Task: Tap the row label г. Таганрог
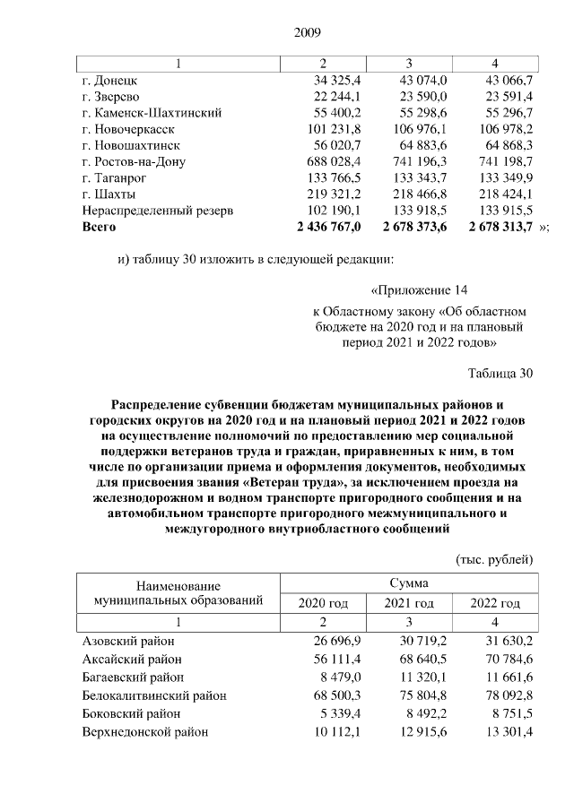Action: click(115, 177)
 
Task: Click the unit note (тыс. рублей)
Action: click(495, 559)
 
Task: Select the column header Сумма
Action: click(409, 582)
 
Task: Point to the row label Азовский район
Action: click(128, 642)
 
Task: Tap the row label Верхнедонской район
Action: click(145, 732)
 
